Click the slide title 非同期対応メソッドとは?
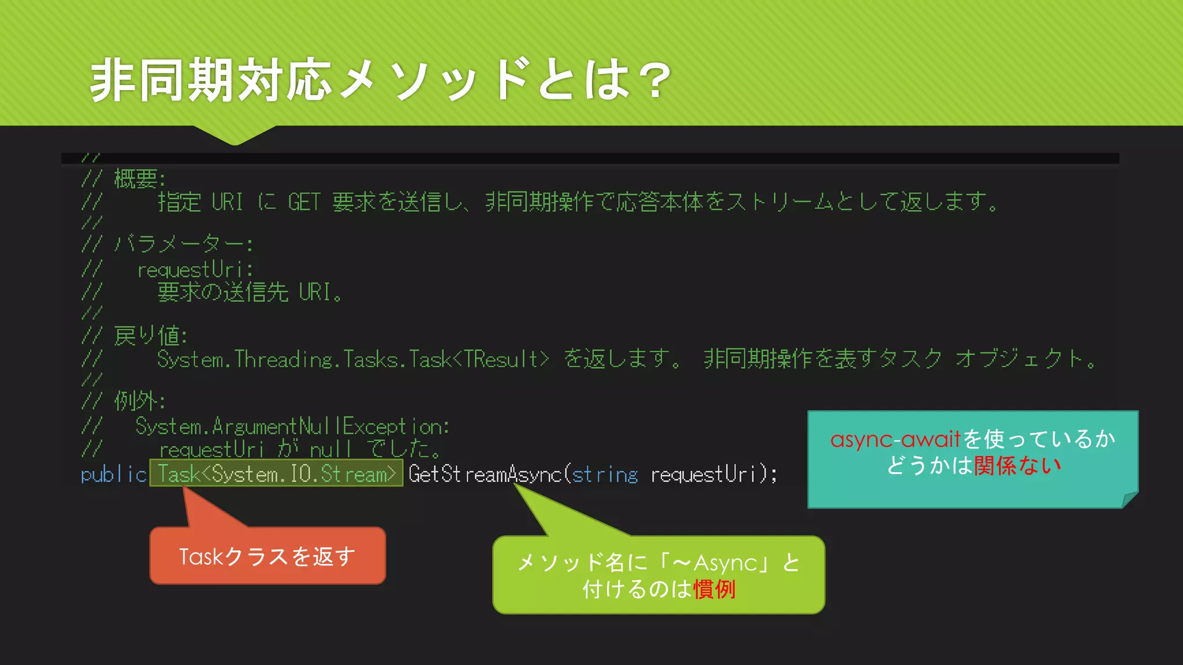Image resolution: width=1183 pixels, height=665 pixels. pyautogui.click(x=380, y=80)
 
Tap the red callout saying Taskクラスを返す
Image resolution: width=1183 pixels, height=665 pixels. pyautogui.click(x=267, y=556)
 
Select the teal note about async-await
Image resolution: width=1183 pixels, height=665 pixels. pyautogui.click(x=973, y=459)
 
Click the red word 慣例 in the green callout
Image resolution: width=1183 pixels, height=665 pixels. pyautogui.click(x=715, y=589)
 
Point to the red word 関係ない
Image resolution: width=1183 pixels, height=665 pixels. pyautogui.click(x=1017, y=465)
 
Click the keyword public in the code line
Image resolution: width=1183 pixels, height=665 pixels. pyautogui.click(x=114, y=475)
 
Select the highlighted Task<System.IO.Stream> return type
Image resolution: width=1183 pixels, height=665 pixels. pyautogui.click(x=277, y=474)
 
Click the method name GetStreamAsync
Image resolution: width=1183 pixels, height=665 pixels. pyautogui.click(x=485, y=475)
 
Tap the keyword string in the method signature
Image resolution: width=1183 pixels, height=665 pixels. pyautogui.click(x=605, y=475)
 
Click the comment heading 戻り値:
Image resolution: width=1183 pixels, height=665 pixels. pyautogui.click(x=150, y=335)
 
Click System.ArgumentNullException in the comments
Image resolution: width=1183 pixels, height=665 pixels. pyautogui.click(x=292, y=427)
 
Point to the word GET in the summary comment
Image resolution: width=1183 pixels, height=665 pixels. pyautogui.click(x=304, y=202)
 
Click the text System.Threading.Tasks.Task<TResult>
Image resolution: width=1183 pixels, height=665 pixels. pyautogui.click(x=352, y=359)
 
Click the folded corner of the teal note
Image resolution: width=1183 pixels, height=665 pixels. pyautogui.click(x=1129, y=500)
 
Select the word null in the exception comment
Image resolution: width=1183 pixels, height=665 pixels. pyautogui.click(x=330, y=449)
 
